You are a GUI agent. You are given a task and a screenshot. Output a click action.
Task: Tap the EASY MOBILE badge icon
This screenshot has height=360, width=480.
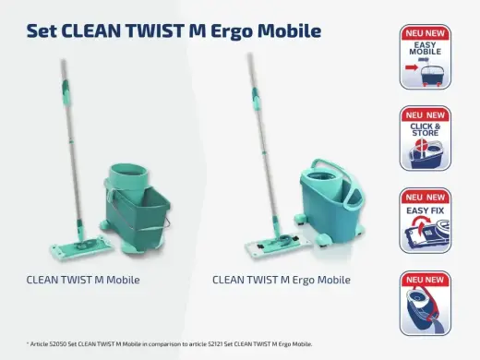(x=425, y=58)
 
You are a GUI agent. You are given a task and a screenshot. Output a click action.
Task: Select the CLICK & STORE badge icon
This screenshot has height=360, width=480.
(x=425, y=138)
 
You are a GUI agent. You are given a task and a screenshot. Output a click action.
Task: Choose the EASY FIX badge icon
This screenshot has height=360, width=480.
(x=425, y=222)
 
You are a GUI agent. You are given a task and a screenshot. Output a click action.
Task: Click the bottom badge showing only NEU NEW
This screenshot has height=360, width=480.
(x=425, y=303)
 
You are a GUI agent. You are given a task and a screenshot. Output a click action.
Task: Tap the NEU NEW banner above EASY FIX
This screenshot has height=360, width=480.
(x=425, y=197)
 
